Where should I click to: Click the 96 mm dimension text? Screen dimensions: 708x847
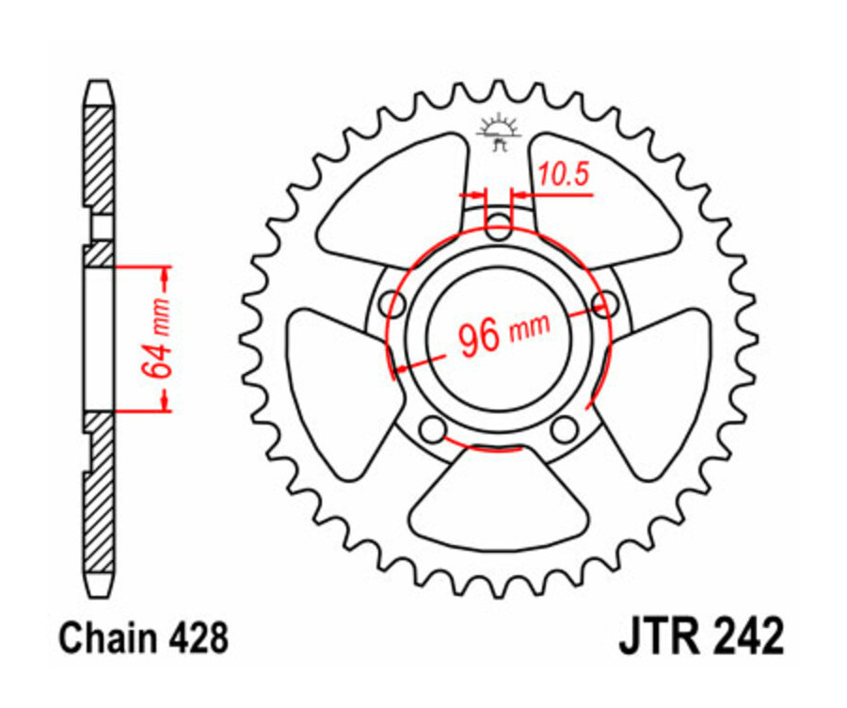pos(499,333)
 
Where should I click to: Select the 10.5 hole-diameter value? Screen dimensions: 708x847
pos(562,173)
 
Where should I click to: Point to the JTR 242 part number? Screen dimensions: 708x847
pos(700,636)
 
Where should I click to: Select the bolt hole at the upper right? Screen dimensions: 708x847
pos(605,302)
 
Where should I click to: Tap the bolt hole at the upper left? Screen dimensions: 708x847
pos(392,303)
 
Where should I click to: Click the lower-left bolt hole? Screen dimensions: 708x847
pos(432,429)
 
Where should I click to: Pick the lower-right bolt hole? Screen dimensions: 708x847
pos(565,429)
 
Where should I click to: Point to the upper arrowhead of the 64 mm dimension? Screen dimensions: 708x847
pos(166,275)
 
